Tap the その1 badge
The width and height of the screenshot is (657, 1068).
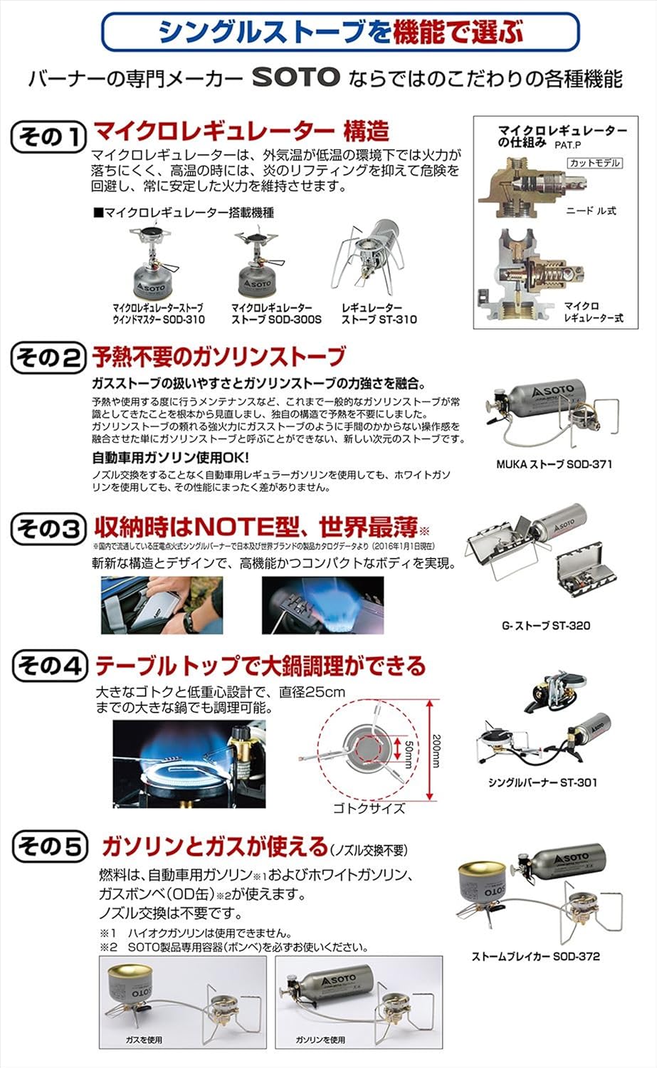(x=48, y=136)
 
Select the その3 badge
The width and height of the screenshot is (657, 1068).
(x=48, y=528)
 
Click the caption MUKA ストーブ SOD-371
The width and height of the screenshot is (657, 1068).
(x=554, y=464)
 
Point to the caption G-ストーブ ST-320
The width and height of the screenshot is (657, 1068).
(x=546, y=626)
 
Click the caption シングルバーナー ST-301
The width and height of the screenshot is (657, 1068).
(x=542, y=782)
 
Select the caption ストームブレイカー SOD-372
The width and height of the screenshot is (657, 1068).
(x=535, y=956)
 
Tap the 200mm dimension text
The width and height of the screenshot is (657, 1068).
(x=437, y=750)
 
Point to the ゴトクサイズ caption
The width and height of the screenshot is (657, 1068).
(x=369, y=808)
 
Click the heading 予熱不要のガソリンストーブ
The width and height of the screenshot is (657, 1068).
(x=219, y=357)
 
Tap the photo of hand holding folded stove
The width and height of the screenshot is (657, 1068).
(x=162, y=605)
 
